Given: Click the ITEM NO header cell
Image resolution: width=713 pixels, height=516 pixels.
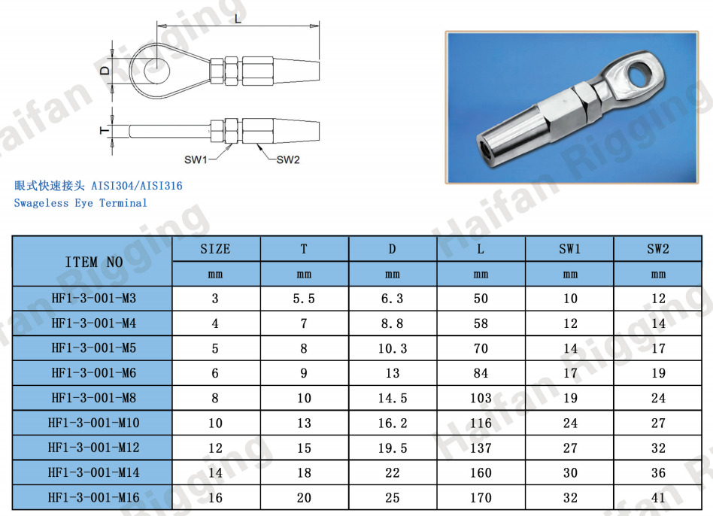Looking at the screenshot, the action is [x=94, y=262].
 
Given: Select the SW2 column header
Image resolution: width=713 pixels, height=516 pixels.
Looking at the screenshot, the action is [x=658, y=249].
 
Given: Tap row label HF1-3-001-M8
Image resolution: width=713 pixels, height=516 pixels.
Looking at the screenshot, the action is [x=94, y=398].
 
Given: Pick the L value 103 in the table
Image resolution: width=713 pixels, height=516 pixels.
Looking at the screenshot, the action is [x=481, y=398].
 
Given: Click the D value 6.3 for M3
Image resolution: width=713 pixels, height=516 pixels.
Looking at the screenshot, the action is [x=392, y=299].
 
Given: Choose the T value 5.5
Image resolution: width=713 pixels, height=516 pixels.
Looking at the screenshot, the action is [x=304, y=299].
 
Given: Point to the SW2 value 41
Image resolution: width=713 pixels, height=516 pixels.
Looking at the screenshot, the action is [x=658, y=497].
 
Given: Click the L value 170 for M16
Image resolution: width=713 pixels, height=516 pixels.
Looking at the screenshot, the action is [x=481, y=497].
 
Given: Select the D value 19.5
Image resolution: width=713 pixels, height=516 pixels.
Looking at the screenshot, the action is [x=393, y=448].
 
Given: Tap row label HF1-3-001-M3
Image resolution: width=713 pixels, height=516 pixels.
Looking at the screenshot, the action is [x=94, y=299].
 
